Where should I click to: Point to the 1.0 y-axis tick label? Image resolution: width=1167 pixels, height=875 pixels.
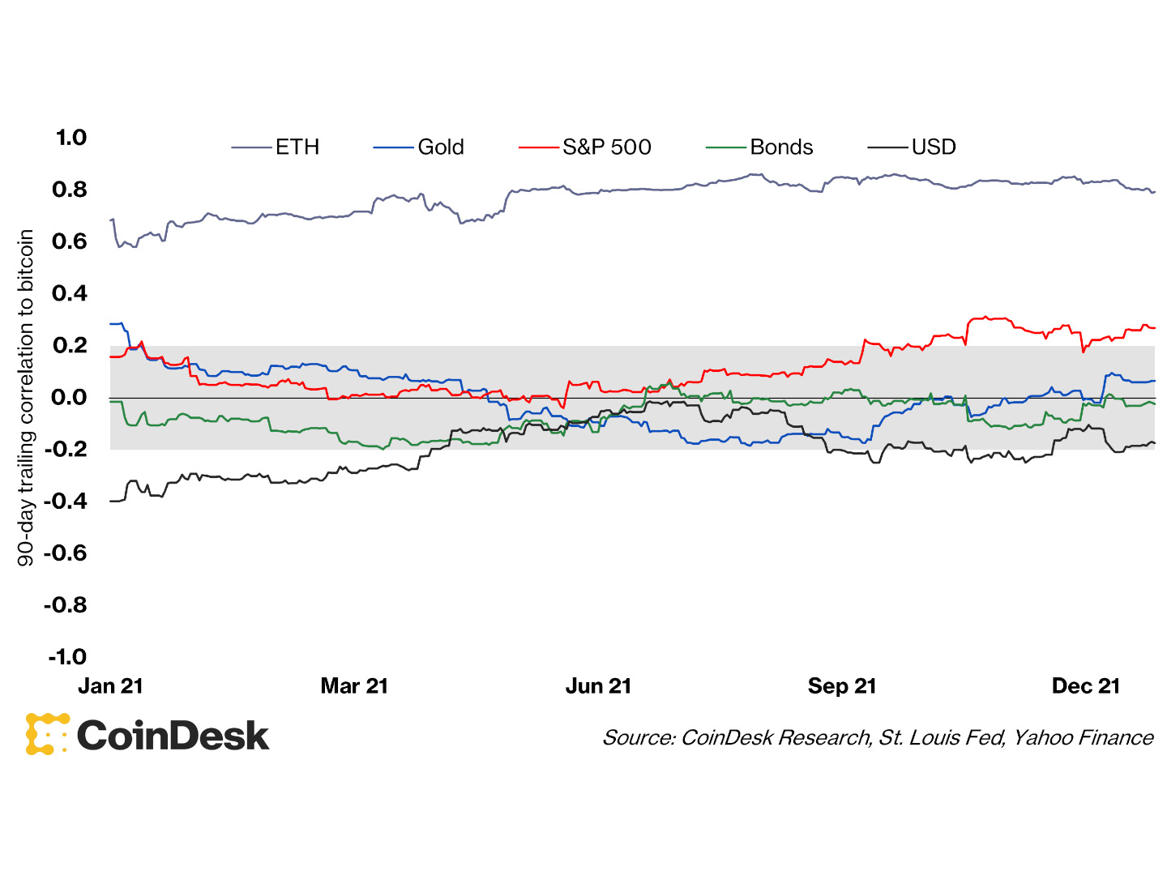(x=71, y=138)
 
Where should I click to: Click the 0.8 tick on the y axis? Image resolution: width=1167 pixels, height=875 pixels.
(x=70, y=190)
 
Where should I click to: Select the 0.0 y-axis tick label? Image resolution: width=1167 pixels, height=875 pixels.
(x=70, y=397)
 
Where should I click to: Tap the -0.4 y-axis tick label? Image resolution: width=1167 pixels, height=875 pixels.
(x=65, y=501)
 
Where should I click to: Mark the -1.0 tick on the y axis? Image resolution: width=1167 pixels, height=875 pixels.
(x=66, y=656)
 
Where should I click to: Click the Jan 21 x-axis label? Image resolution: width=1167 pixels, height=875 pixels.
(x=110, y=686)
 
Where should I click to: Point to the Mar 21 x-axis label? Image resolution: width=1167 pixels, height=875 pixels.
(x=354, y=686)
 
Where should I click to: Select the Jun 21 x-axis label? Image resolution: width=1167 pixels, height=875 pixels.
(x=598, y=686)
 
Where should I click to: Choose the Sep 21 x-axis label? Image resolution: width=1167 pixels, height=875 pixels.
(x=842, y=686)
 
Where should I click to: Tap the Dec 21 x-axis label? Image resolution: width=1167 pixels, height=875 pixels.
(x=1085, y=686)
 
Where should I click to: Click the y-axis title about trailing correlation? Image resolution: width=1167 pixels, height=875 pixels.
(x=26, y=397)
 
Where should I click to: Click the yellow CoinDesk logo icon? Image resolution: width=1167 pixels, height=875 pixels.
(x=47, y=734)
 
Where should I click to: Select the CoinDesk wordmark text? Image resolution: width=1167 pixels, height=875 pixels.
(x=173, y=736)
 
